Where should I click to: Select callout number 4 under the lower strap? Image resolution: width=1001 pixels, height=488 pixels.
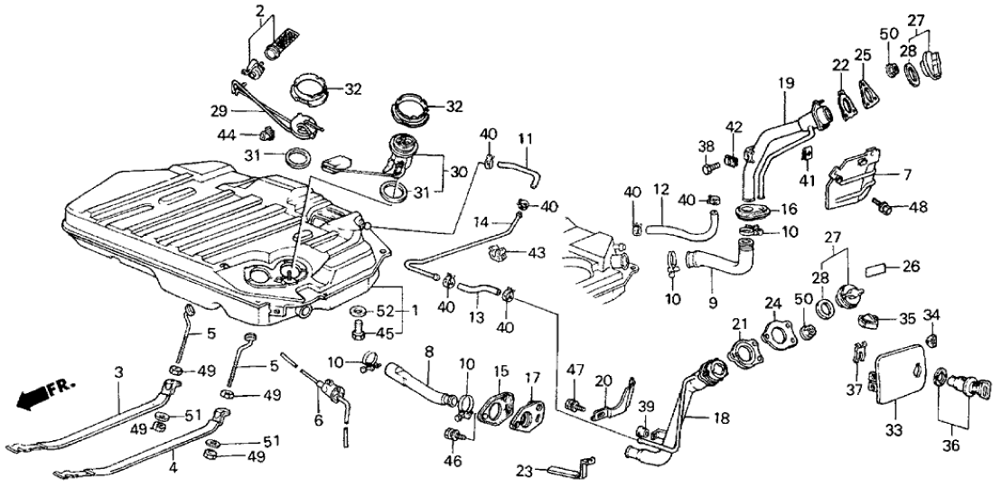coord(172,469)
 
